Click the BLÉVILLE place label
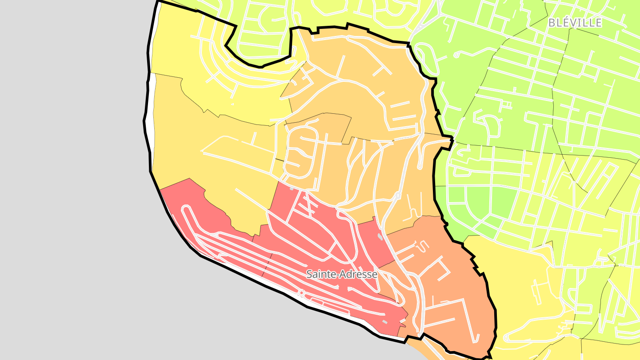(575, 23)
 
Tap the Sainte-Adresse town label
(342, 274)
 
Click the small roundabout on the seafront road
(301, 293)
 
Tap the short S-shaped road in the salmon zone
(422, 246)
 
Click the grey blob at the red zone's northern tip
(291, 189)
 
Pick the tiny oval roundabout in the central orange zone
(398, 196)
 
